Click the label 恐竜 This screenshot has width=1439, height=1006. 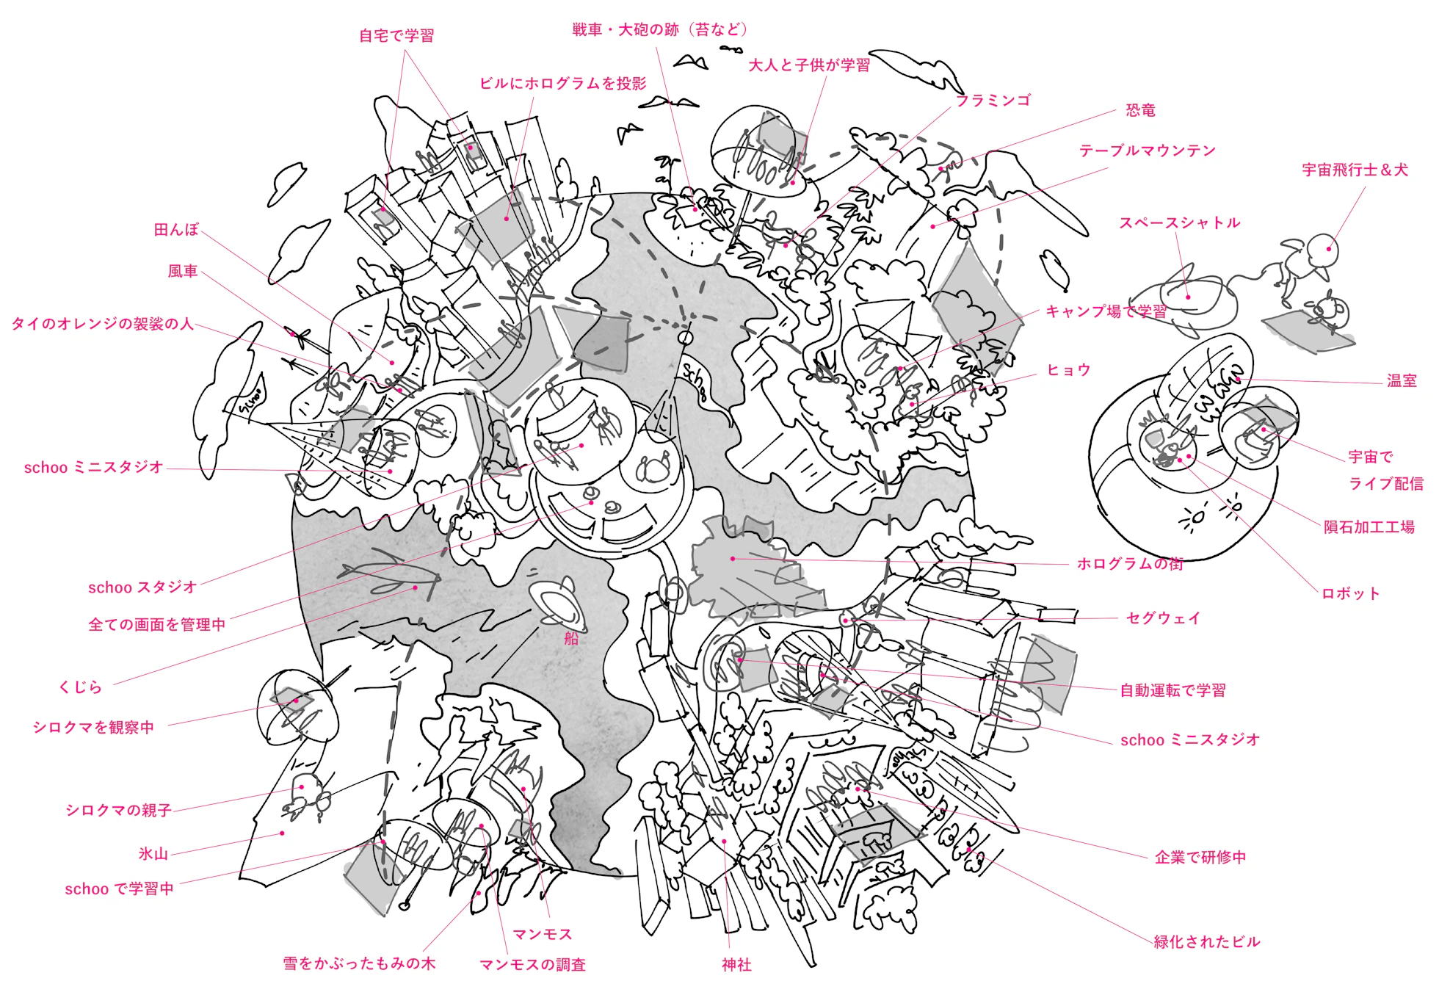click(x=1140, y=110)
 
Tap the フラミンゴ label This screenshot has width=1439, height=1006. click(x=993, y=100)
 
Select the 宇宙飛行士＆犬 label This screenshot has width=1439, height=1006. click(x=1355, y=170)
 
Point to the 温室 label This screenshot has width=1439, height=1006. click(x=1401, y=380)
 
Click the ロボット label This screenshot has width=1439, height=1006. click(x=1351, y=593)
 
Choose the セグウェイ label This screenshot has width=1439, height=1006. click(x=1163, y=618)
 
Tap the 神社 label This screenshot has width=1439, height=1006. click(x=736, y=965)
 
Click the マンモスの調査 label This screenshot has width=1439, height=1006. click(x=532, y=965)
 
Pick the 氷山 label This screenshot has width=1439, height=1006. click(x=153, y=853)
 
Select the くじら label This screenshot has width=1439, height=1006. click(x=80, y=687)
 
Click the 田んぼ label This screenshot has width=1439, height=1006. click(x=176, y=230)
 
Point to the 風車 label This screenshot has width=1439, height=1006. click(x=183, y=271)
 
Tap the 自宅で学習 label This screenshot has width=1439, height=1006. click(x=396, y=35)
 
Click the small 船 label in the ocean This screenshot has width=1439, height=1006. click(x=571, y=639)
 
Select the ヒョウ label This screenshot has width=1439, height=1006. click(x=1068, y=370)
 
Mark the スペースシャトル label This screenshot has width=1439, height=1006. click(x=1180, y=222)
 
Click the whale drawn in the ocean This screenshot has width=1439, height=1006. click(x=388, y=576)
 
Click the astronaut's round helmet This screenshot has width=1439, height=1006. click(x=1322, y=249)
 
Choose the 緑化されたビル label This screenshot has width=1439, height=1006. click(x=1206, y=941)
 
